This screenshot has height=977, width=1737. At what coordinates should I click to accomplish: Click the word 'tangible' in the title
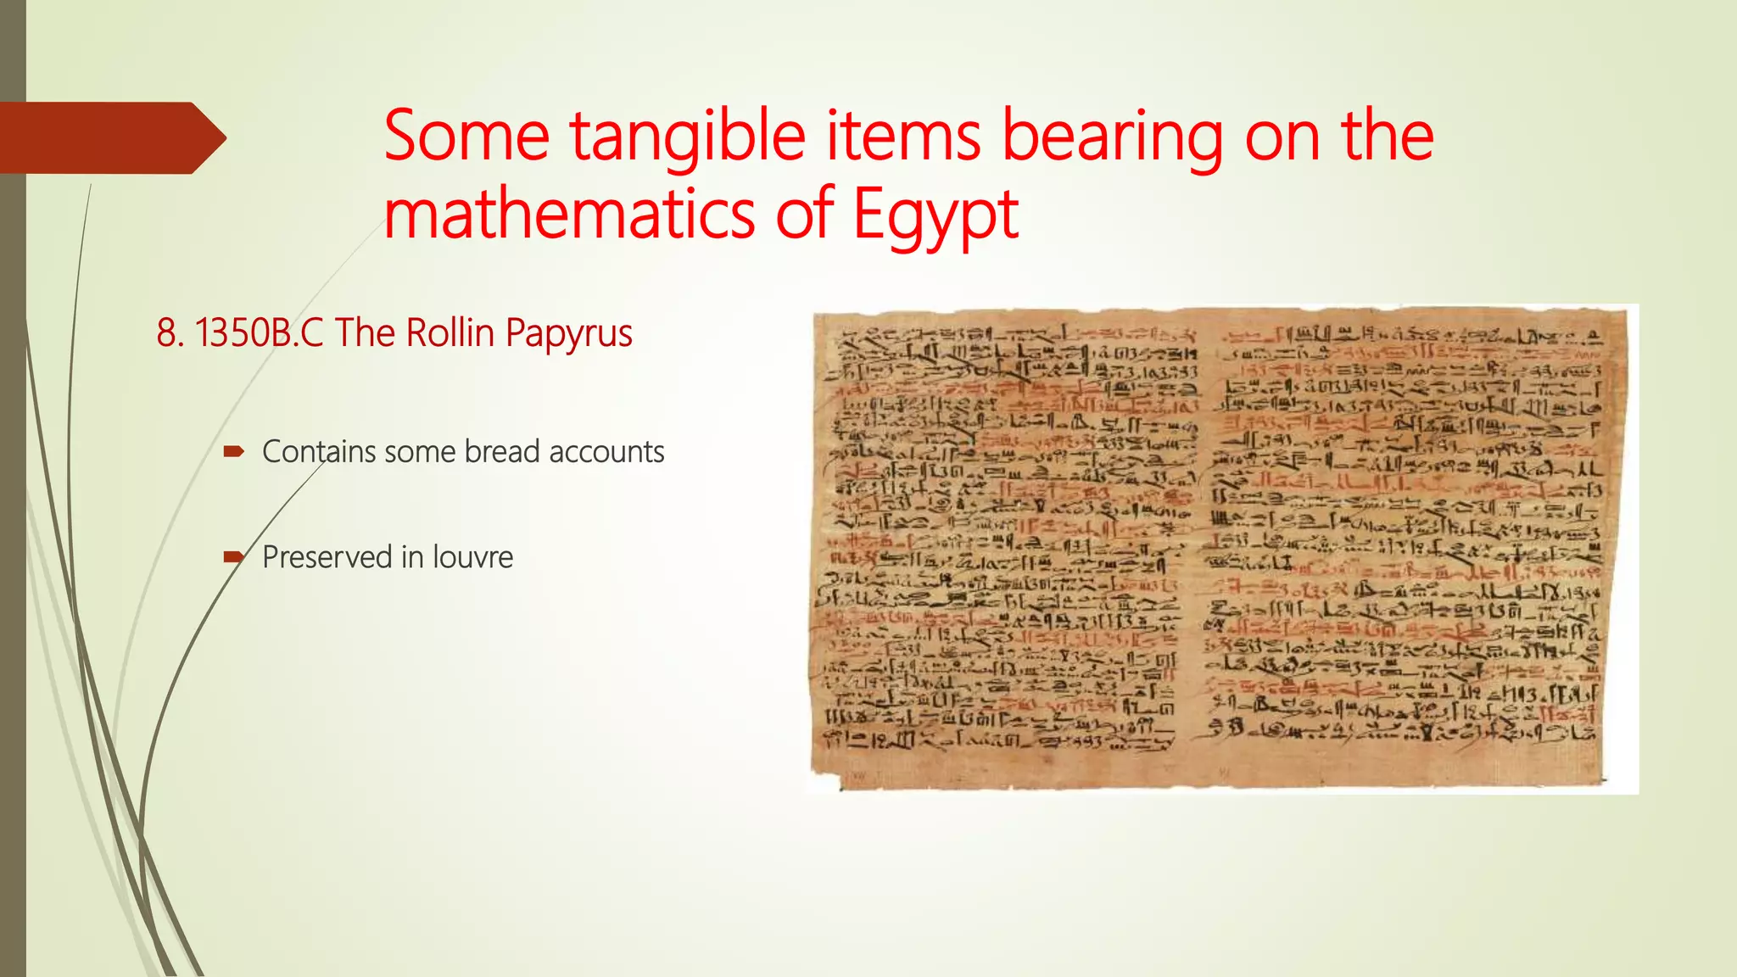[x=687, y=137]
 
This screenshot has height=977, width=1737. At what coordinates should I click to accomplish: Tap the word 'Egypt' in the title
[x=935, y=215]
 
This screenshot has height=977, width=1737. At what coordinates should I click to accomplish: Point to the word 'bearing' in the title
[x=1112, y=137]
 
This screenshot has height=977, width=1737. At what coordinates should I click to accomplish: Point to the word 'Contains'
[x=318, y=451]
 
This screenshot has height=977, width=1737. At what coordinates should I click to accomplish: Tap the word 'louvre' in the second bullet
[x=472, y=557]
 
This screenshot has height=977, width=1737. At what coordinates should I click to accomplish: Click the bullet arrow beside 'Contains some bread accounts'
[x=233, y=451]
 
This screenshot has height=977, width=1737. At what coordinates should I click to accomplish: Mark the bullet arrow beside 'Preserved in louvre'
[x=233, y=557]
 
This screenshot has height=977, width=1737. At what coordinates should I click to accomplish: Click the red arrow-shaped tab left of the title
[x=110, y=137]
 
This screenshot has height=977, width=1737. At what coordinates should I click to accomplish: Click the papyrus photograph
[x=1221, y=548]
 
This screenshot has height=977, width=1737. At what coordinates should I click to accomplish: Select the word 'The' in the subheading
[x=366, y=332]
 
